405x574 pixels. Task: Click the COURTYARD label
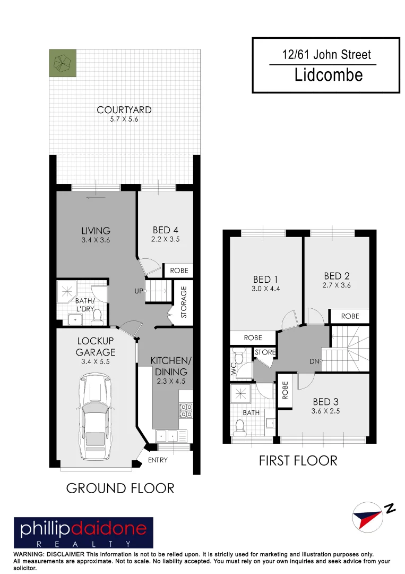point(124,110)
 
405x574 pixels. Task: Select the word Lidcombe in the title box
point(329,74)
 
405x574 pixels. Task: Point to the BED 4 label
point(165,230)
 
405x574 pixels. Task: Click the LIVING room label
point(96,231)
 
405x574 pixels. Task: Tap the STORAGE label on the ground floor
point(184,302)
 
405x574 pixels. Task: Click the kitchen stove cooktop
point(186,410)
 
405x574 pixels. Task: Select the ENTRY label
point(158,460)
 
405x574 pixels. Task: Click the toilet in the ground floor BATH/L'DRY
point(97,317)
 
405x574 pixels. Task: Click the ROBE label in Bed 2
point(350,316)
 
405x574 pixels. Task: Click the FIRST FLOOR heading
point(298,460)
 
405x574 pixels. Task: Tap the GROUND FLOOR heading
point(120,488)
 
